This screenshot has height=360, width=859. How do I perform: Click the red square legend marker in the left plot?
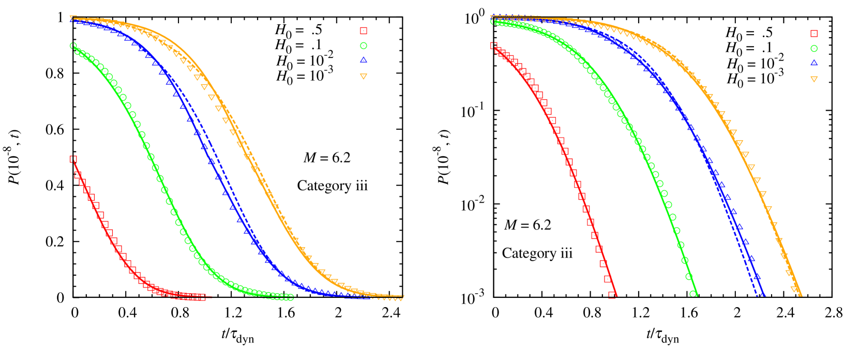[x=364, y=31]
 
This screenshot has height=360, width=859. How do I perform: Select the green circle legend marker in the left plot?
[x=364, y=46]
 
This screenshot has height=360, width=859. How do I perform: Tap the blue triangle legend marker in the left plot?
[x=364, y=60]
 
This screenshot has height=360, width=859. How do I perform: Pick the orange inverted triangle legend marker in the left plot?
[x=364, y=77]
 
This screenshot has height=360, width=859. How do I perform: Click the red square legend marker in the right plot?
[x=814, y=34]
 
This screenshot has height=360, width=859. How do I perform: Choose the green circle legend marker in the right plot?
[x=814, y=49]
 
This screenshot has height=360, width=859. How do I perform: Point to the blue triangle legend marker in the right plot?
[x=814, y=63]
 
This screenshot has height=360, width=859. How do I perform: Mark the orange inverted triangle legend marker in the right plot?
[x=814, y=79]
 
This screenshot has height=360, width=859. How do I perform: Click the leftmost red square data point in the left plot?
[x=73, y=159]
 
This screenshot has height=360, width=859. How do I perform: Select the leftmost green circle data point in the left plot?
[x=73, y=46]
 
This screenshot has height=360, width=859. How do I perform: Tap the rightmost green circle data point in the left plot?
[x=291, y=297]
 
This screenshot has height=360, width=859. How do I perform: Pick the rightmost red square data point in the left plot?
[x=202, y=297]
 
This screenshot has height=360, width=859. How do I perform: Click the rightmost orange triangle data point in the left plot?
[x=401, y=298]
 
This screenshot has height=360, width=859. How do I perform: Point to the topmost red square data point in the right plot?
[x=494, y=46]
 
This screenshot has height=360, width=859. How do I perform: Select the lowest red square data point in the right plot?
[x=612, y=295]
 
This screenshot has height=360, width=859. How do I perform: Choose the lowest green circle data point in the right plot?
[x=693, y=294]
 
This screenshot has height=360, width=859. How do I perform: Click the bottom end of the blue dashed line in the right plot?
[x=757, y=295]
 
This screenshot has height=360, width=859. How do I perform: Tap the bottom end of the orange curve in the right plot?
[x=801, y=295]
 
